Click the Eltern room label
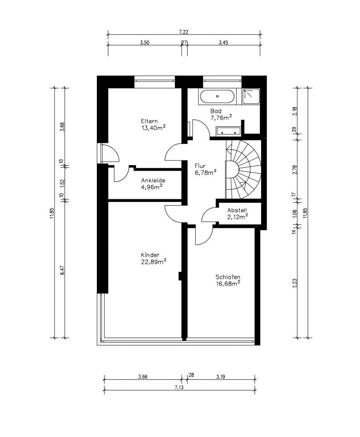coord(149,121)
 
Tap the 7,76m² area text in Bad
coord(221,117)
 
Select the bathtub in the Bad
coord(218,96)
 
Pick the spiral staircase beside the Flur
coord(243,169)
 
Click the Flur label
coord(200,166)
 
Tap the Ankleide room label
coord(153,181)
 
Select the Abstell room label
coord(237,210)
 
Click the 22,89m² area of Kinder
coord(154,262)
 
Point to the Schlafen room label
coord(228,277)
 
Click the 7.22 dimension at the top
coord(183,32)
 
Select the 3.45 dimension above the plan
coord(224,42)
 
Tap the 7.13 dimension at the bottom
coord(179,387)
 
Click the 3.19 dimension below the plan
coord(221,377)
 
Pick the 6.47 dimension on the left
coord(62,270)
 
